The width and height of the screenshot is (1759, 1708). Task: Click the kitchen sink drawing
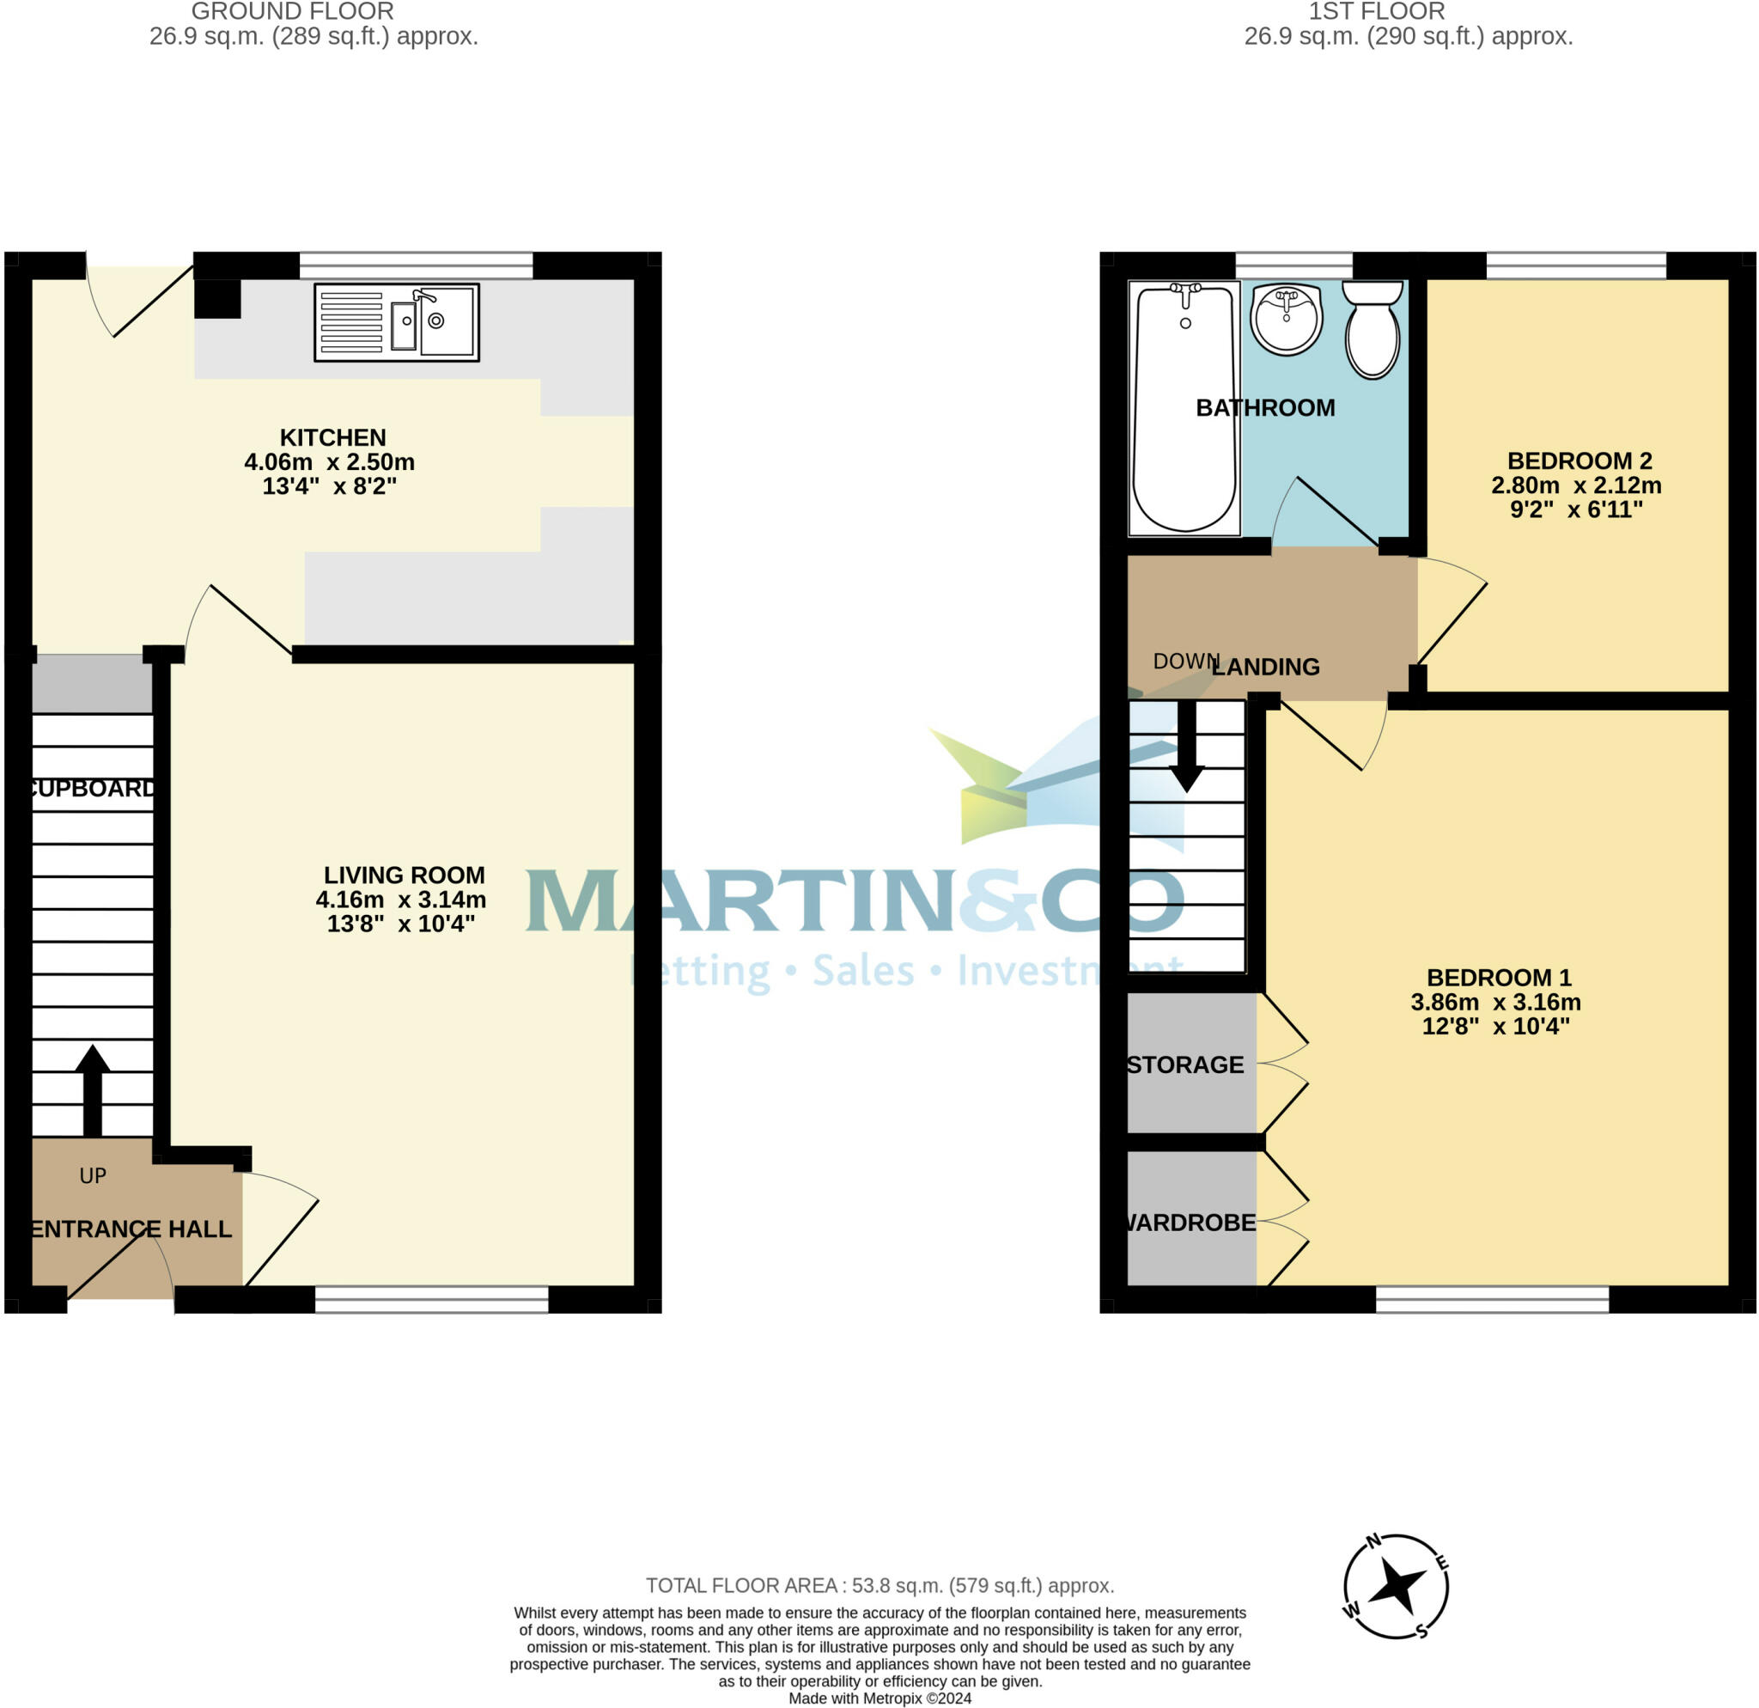click(397, 322)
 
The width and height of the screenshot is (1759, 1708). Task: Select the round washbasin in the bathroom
click(1286, 319)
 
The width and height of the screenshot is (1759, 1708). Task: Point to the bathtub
click(1184, 408)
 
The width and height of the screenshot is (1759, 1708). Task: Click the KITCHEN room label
click(333, 437)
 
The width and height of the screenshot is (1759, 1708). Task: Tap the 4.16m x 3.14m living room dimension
click(401, 900)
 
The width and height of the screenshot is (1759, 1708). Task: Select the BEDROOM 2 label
click(1579, 461)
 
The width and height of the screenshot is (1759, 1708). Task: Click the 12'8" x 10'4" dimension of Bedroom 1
click(1496, 1026)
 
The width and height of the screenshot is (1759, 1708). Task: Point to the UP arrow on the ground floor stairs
click(93, 1089)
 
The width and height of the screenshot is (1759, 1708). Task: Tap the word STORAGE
click(1185, 1064)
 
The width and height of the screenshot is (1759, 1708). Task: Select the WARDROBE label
click(1190, 1223)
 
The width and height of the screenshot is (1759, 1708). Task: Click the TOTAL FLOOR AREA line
click(879, 1586)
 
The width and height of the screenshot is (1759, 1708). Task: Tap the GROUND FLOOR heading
click(293, 12)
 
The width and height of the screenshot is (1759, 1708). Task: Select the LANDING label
click(1265, 667)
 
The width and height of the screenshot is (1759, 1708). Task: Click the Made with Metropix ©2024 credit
click(879, 1699)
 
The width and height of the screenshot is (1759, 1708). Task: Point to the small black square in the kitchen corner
click(218, 299)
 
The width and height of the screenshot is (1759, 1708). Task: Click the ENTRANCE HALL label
click(132, 1229)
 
